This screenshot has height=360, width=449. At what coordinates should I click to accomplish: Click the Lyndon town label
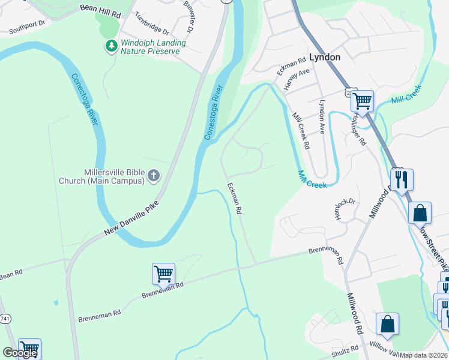coord(325,57)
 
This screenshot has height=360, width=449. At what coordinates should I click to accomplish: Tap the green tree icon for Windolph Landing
coord(111,46)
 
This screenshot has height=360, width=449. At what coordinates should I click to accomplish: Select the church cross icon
coord(154,175)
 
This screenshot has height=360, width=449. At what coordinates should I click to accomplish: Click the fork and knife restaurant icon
coord(401,178)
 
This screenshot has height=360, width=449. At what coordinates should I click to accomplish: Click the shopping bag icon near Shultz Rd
coord(387,323)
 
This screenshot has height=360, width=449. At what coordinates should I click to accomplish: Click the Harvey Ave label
coord(297,79)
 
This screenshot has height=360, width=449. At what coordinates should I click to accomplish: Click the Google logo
coord(20,353)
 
